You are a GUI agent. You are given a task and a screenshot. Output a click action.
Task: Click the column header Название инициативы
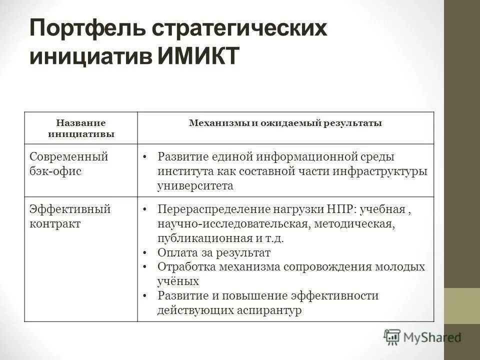(x=80, y=128)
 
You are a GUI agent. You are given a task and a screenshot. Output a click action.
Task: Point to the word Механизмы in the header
(x=218, y=123)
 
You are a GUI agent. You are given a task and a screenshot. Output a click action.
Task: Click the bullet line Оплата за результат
(x=214, y=252)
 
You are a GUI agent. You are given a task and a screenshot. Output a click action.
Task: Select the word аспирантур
(x=273, y=310)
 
